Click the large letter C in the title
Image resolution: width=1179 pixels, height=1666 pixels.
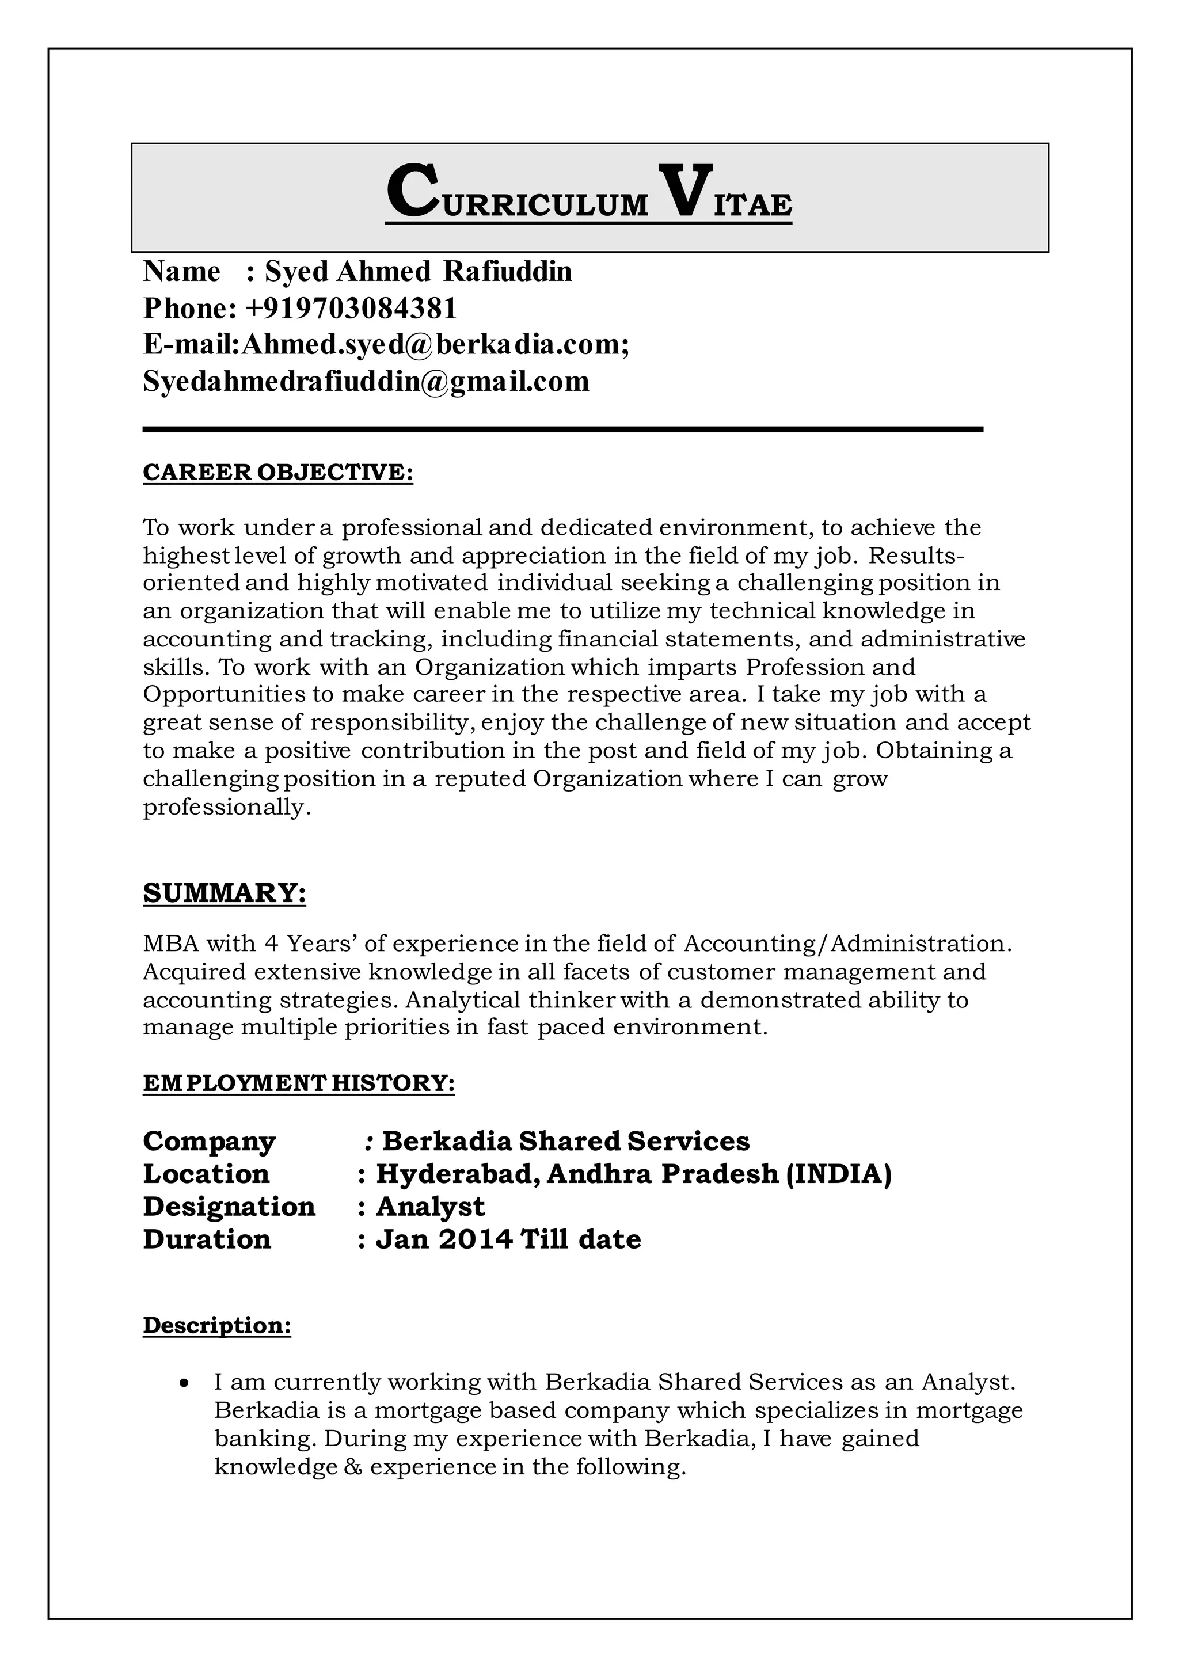pos(412,192)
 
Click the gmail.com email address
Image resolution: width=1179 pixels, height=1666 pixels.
pos(366,381)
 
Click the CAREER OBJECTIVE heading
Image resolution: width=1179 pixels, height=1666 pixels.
pos(278,472)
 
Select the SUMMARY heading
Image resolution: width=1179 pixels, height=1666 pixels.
pos(225,893)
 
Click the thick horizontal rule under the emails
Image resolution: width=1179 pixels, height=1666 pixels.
pos(562,430)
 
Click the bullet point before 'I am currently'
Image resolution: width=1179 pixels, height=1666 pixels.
pos(185,1383)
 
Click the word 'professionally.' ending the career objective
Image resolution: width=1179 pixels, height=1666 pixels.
pos(226,807)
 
